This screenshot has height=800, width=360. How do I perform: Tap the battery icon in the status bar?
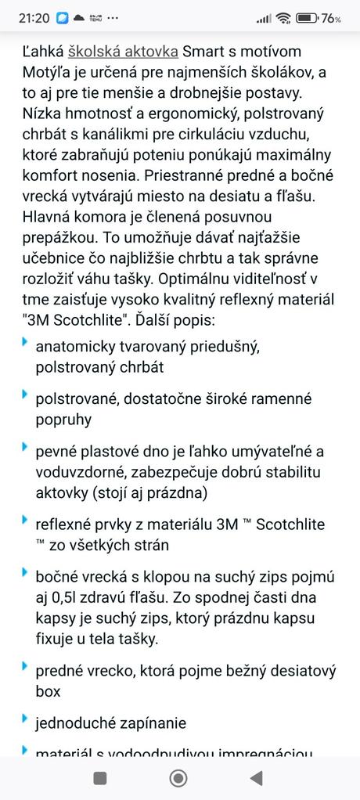[306, 17]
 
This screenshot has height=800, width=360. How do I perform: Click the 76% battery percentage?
[331, 18]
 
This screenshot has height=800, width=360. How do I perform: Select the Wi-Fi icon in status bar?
[283, 17]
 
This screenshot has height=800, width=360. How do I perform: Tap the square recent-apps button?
[100, 777]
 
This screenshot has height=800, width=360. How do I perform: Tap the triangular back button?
[256, 777]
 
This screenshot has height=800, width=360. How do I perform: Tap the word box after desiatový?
[48, 692]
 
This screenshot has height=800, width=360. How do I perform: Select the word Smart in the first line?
[201, 52]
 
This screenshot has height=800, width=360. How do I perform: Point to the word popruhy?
[63, 420]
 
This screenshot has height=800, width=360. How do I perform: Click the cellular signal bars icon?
[264, 18]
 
